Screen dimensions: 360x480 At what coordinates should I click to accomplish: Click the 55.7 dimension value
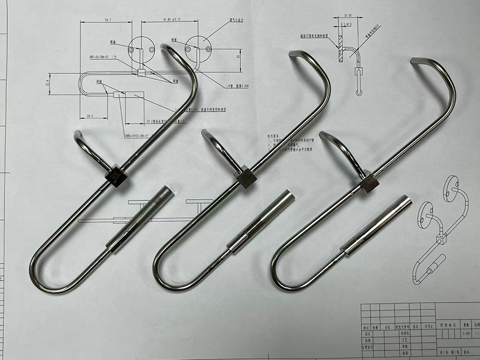click(x=108, y=20)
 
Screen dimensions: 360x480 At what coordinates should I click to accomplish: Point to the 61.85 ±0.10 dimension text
click(x=171, y=20)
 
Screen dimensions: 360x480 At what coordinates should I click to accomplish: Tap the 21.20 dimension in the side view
click(x=348, y=16)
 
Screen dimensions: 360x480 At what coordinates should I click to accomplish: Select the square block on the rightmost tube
click(x=369, y=182)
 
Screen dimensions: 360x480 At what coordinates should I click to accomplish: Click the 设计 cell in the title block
click(x=366, y=334)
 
